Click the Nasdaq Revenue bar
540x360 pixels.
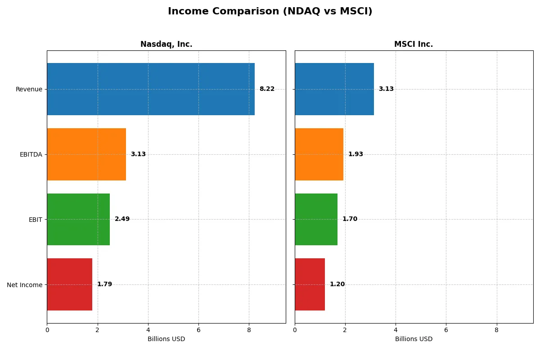pos(151,89)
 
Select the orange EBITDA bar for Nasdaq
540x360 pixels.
pos(86,154)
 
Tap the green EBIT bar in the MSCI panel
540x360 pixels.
pos(316,219)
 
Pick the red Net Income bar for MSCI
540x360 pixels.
pos(310,284)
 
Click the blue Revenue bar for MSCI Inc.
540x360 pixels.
pos(334,89)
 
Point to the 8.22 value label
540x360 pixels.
pos(267,89)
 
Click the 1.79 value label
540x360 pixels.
pos(104,284)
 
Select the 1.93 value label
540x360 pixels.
pos(355,154)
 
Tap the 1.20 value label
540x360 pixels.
pos(337,284)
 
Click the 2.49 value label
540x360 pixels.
pos(122,219)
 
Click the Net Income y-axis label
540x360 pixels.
pos(25,285)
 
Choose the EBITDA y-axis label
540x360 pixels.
pos(31,154)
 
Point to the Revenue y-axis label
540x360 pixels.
pos(29,89)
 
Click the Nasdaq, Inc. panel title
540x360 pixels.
pos(166,45)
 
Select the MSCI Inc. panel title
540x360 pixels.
pos(414,45)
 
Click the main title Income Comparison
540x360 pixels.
pos(270,11)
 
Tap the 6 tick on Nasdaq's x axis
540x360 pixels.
pos(198,330)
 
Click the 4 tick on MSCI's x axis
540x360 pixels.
pos(396,330)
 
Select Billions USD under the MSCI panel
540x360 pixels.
pos(414,339)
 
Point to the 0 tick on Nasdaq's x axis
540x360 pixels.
pos(47,330)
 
